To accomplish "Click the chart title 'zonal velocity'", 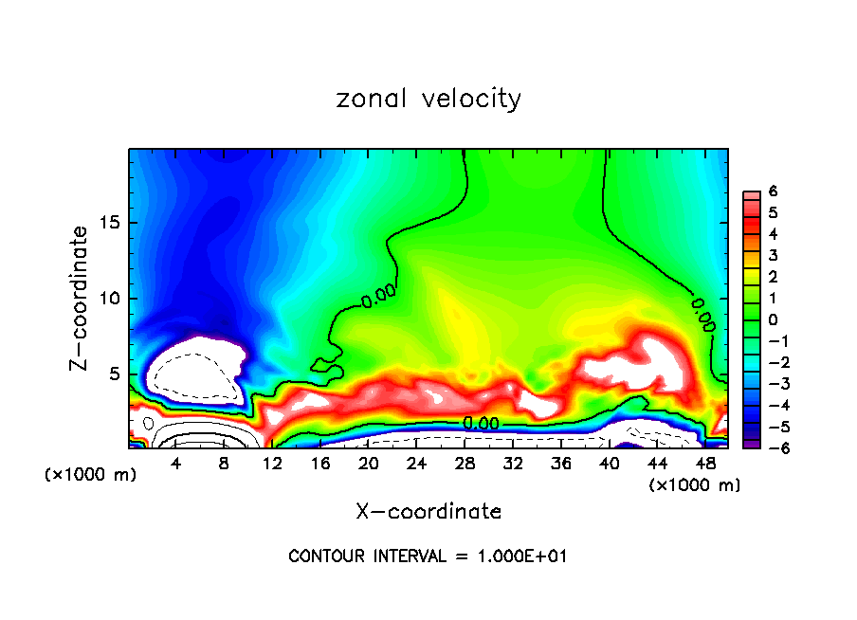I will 428,99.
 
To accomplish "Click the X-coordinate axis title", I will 428,511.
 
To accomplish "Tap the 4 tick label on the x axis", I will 175,464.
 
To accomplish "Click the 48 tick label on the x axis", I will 705,464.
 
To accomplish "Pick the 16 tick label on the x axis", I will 320,464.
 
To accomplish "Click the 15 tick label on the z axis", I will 109,224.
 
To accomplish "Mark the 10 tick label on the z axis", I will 109,299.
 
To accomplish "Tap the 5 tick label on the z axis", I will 114,374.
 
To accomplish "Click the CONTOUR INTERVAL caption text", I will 428,556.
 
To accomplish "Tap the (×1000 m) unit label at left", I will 91,475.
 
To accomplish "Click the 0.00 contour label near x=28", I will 481,424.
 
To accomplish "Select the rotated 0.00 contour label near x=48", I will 702,312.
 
